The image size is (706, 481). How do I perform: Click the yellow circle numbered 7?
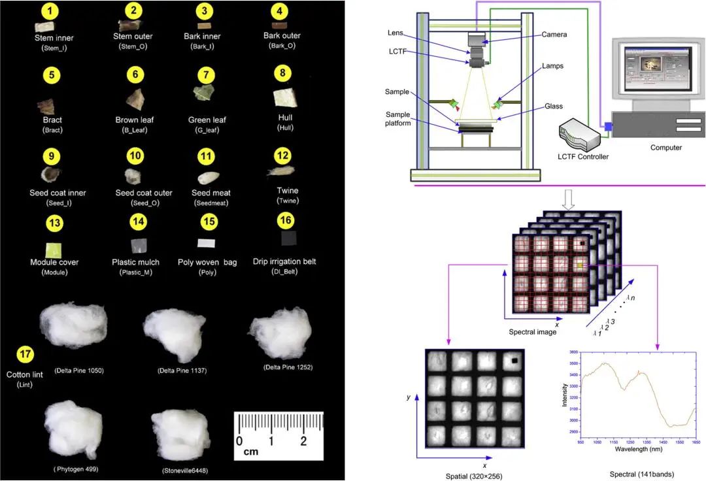click(206, 75)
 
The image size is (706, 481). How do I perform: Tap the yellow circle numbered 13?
click(55, 224)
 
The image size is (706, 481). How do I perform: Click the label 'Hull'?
click(285, 118)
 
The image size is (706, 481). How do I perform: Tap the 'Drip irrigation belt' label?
click(284, 261)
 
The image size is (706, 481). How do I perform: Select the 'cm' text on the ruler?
click(250, 452)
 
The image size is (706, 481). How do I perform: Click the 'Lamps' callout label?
click(552, 66)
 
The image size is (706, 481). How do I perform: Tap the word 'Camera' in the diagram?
click(554, 34)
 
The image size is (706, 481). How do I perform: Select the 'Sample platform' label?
click(398, 118)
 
